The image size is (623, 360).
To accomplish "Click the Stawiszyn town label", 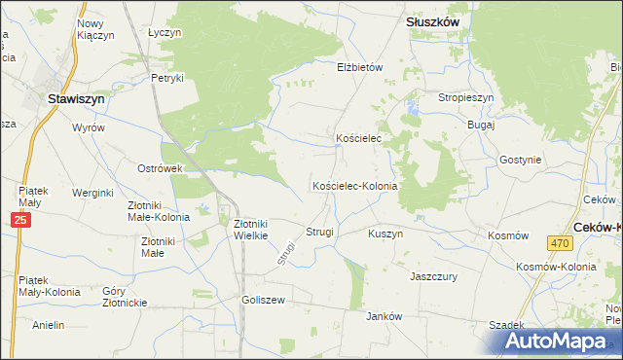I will pyautogui.click(x=77, y=97).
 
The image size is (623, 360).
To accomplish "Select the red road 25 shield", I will pyautogui.click(x=22, y=222).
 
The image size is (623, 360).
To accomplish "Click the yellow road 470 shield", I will pyautogui.click(x=558, y=243).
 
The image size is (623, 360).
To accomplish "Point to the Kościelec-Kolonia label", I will pyautogui.click(x=354, y=186).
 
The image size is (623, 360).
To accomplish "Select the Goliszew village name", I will pyautogui.click(x=263, y=300).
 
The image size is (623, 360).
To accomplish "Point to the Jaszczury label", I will pyautogui.click(x=434, y=276).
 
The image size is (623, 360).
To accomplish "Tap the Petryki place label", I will pyautogui.click(x=167, y=78).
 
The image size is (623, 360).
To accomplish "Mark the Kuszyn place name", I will pyautogui.click(x=385, y=234).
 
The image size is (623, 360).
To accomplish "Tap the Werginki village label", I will pyautogui.click(x=93, y=193).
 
